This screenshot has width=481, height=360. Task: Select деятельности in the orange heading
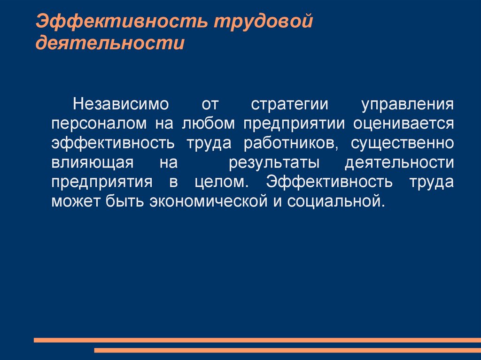point(110,44)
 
